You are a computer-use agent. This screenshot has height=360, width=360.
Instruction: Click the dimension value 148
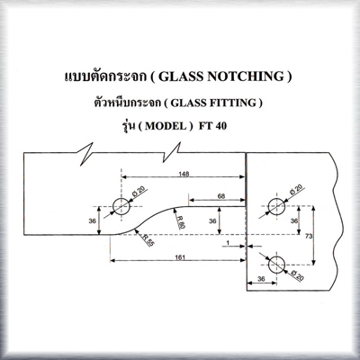click(184, 174)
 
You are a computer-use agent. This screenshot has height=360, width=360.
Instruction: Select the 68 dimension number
click(221, 196)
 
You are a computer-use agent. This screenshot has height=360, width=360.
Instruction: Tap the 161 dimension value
click(180, 257)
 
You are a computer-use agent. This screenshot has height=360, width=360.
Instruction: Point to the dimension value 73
click(309, 236)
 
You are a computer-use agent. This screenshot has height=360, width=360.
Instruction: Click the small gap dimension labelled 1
click(228, 243)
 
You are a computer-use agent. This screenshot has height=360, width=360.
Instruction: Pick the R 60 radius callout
click(180, 222)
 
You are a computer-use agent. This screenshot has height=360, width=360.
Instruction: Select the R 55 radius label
click(148, 240)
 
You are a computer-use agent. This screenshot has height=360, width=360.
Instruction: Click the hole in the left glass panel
click(121, 207)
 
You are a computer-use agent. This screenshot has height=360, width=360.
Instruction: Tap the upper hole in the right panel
click(276, 207)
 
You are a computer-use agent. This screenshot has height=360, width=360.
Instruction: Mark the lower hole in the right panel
click(276, 265)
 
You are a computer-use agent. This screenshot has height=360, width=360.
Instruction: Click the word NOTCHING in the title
click(246, 76)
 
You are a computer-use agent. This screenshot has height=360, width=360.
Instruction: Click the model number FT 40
click(212, 126)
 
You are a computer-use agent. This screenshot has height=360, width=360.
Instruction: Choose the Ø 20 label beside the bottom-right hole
click(297, 275)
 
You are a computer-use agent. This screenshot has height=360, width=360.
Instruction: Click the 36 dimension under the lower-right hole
click(261, 279)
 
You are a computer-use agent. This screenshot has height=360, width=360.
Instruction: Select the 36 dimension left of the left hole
click(93, 220)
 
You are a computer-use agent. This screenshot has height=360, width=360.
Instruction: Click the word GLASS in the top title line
click(181, 76)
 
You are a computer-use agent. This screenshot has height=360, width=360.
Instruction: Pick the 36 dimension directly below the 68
click(212, 220)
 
